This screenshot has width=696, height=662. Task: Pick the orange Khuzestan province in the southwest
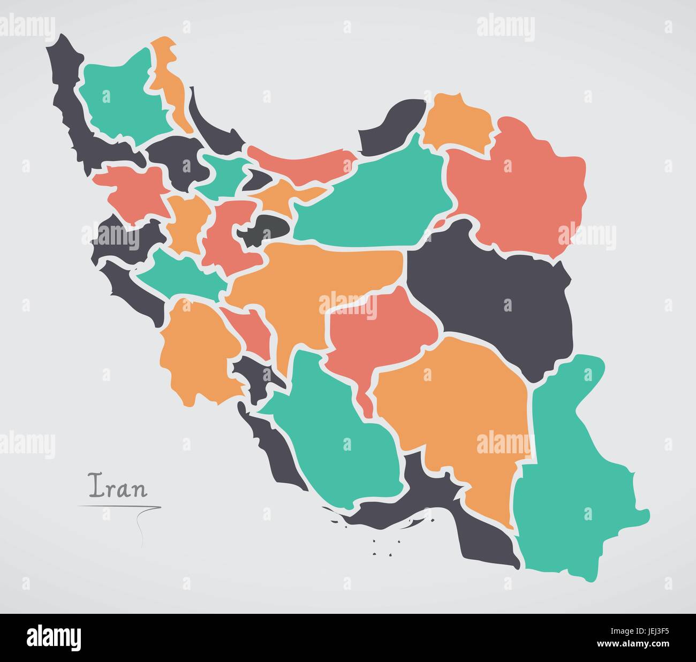(x=195, y=353)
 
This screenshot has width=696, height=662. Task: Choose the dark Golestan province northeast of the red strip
(x=391, y=126)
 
